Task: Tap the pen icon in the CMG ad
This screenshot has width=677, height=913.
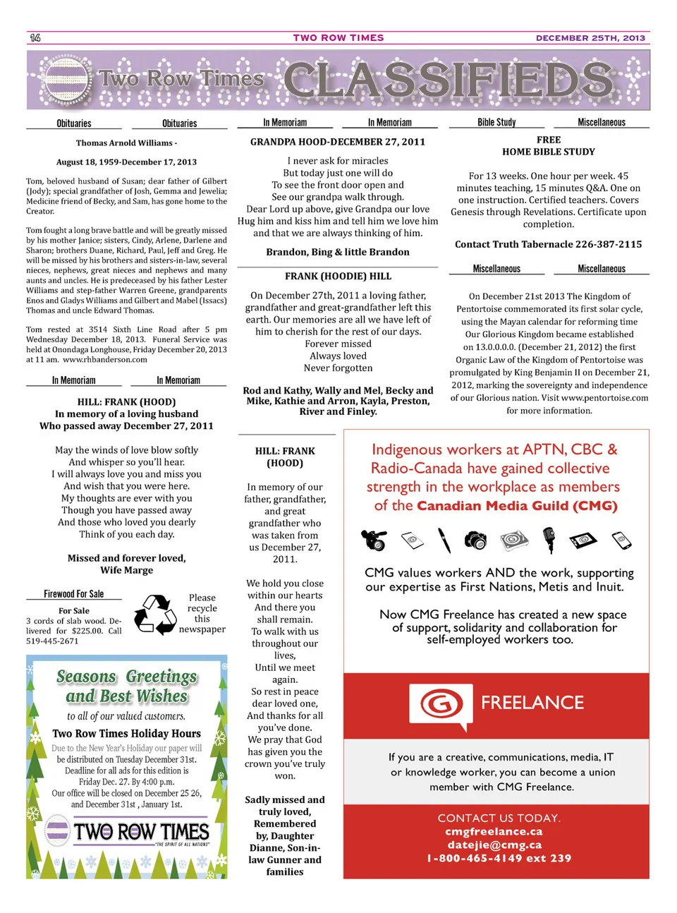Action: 444,540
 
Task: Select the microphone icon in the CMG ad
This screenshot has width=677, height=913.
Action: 549,540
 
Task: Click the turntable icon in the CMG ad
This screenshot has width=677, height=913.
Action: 514,540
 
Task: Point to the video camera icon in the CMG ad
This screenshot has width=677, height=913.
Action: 374,540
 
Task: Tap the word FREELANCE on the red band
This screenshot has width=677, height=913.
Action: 532,703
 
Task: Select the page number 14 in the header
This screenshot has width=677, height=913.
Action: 35,38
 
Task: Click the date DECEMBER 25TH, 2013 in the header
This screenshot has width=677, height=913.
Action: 590,38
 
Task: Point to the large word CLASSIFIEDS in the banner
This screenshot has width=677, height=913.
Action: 449,80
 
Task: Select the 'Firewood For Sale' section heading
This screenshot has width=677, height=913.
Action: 73,594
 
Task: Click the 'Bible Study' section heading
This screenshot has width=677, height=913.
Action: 496,123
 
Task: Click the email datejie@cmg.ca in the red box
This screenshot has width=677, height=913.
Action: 494,845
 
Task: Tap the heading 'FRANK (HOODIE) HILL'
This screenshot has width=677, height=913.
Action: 338,277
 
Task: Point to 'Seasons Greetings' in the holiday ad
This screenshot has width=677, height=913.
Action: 127,677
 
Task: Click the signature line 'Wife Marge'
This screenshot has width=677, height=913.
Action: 127,570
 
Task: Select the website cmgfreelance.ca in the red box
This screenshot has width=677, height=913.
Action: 494,832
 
